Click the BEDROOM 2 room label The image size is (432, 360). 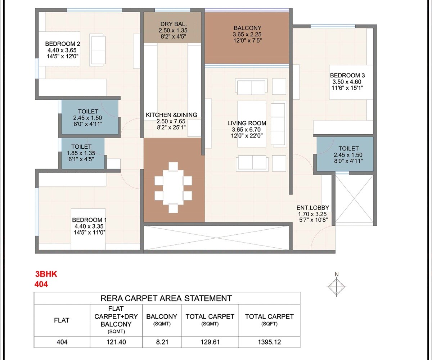tap(63, 44)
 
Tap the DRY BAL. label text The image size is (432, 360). tap(174, 24)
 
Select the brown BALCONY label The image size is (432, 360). tap(247, 28)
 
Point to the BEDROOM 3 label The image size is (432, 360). tap(347, 75)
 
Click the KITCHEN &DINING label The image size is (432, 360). tap(171, 115)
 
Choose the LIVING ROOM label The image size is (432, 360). tap(247, 123)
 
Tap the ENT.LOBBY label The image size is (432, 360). tap(312, 208)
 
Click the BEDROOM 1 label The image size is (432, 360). tap(89, 220)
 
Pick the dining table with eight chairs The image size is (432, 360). tap(174, 187)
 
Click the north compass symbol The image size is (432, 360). tap(336, 287)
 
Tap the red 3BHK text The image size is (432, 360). tap(46, 274)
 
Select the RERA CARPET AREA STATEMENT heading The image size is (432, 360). tap(167, 298)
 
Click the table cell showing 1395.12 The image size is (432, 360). tap(269, 342)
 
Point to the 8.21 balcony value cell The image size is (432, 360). tap(162, 342)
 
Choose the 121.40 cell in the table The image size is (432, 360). tap(116, 342)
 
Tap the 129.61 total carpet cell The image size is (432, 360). tap(210, 342)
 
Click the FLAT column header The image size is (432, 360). tap(62, 320)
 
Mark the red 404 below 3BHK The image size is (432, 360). tap(41, 284)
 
